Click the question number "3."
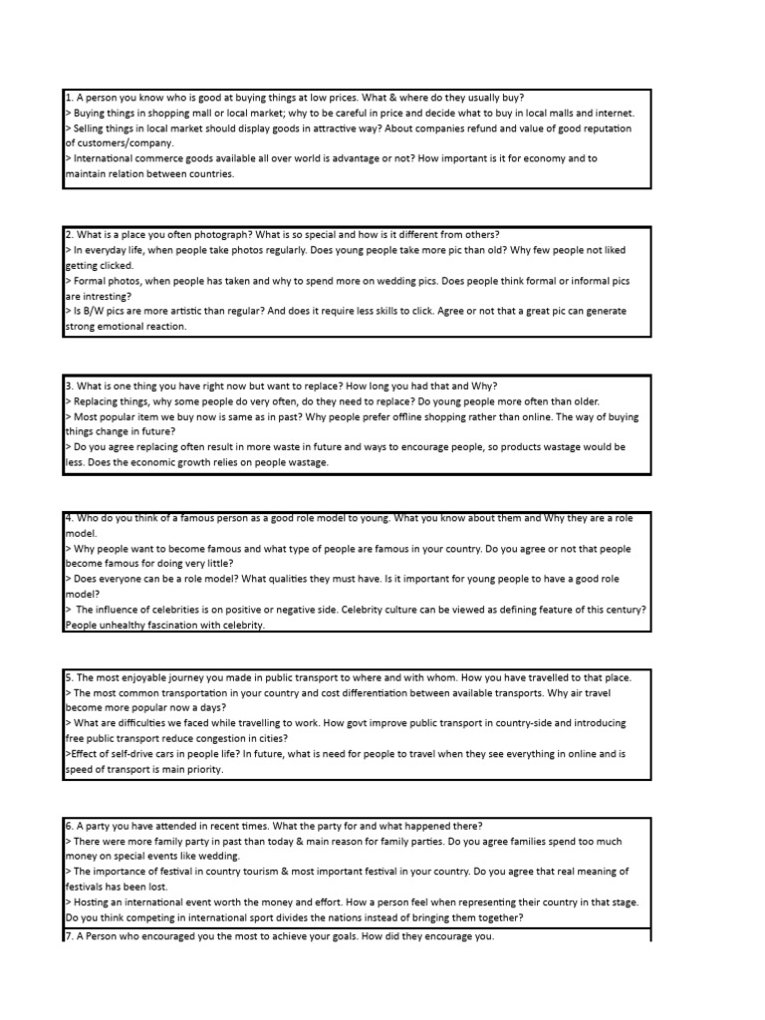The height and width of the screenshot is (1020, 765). click(70, 386)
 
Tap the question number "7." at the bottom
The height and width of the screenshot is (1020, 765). click(70, 937)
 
